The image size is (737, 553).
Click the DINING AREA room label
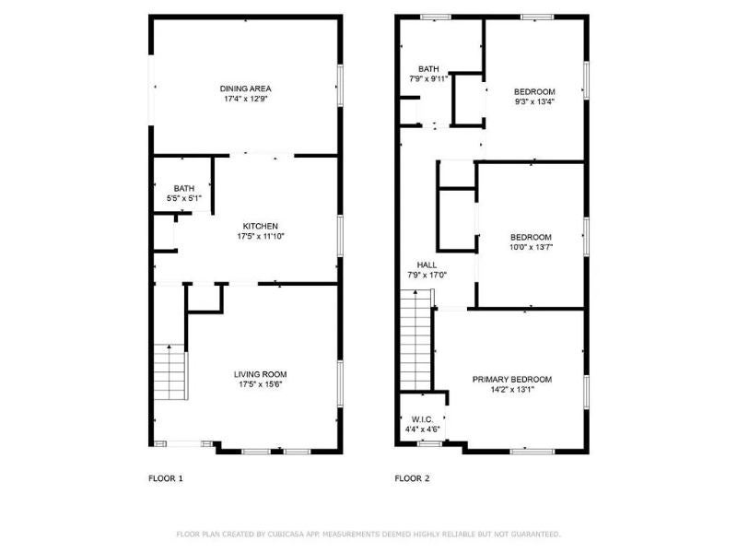[x=245, y=88]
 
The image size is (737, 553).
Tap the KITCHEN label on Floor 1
[x=261, y=226]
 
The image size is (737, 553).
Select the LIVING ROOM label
[x=261, y=374]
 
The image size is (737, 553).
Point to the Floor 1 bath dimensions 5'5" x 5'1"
[x=184, y=198]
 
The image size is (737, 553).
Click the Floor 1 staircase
[x=170, y=372]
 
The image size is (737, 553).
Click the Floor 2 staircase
[x=415, y=340]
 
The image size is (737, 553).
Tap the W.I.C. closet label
[x=422, y=419]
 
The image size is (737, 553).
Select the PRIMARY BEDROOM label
[x=512, y=380]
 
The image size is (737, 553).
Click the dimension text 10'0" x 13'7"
[x=532, y=247]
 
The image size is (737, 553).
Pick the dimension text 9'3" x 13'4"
[x=534, y=101]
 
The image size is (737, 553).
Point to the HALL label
[x=427, y=265]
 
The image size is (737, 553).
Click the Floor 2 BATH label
[x=428, y=69]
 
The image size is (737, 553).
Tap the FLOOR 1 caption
[x=166, y=478]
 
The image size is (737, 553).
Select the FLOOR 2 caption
[x=412, y=478]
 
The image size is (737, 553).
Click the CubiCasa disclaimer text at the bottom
[x=368, y=535]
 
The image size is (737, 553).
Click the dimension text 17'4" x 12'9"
[x=246, y=99]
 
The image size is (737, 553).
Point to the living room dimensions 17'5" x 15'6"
[x=261, y=384]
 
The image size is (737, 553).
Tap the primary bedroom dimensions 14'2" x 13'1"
[x=512, y=389]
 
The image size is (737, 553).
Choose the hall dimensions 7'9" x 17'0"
[x=427, y=275]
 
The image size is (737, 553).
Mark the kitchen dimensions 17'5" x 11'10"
[x=261, y=236]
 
